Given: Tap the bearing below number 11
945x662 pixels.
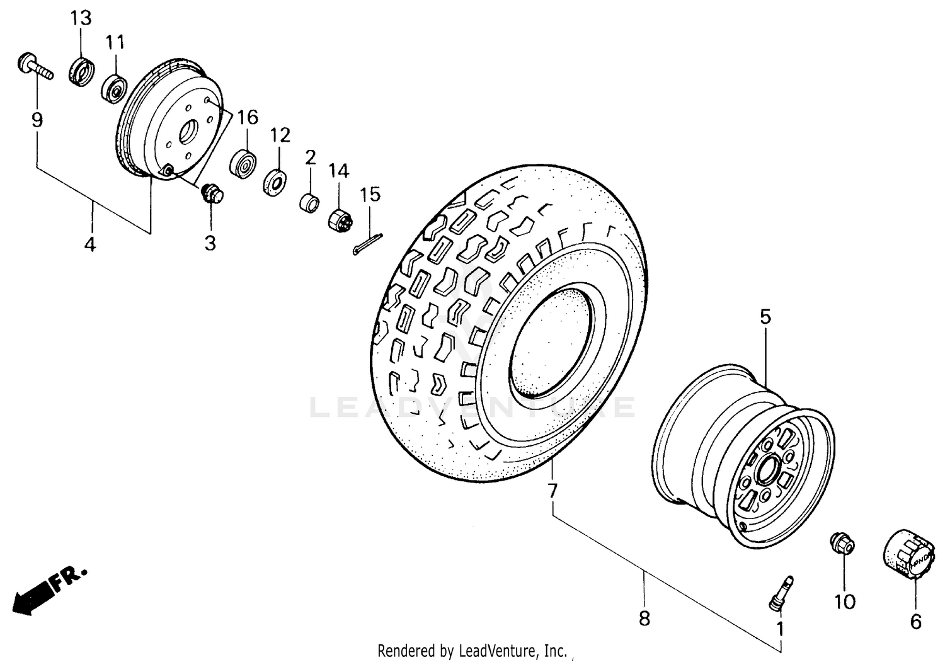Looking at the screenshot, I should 115,89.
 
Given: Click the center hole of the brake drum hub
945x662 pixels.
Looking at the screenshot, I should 187,134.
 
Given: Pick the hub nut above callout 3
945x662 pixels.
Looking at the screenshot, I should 210,193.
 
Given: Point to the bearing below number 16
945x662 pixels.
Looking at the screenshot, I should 244,164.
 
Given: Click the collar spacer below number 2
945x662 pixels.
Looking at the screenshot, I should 309,203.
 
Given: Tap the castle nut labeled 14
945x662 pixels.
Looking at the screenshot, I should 341,220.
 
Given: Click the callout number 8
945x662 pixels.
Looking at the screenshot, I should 644,619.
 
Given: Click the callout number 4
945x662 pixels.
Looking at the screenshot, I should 90,244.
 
